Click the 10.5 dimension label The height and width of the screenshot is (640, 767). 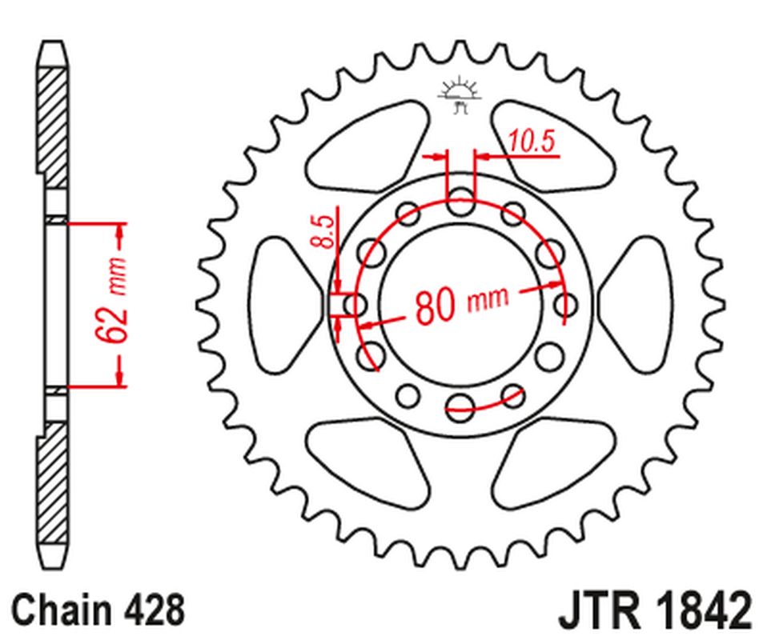tap(531, 142)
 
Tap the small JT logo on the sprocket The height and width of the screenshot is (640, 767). tap(460, 94)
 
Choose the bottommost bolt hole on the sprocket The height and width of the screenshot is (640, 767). tap(460, 403)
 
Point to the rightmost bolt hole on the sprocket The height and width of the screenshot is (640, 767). tap(566, 305)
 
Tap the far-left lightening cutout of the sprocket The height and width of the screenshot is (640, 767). tap(282, 304)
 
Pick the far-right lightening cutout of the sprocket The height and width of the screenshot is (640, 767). tap(638, 304)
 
